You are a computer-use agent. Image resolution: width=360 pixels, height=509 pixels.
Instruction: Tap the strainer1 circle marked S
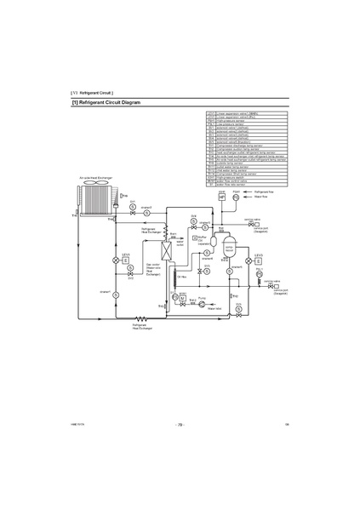click(x=146, y=211)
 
